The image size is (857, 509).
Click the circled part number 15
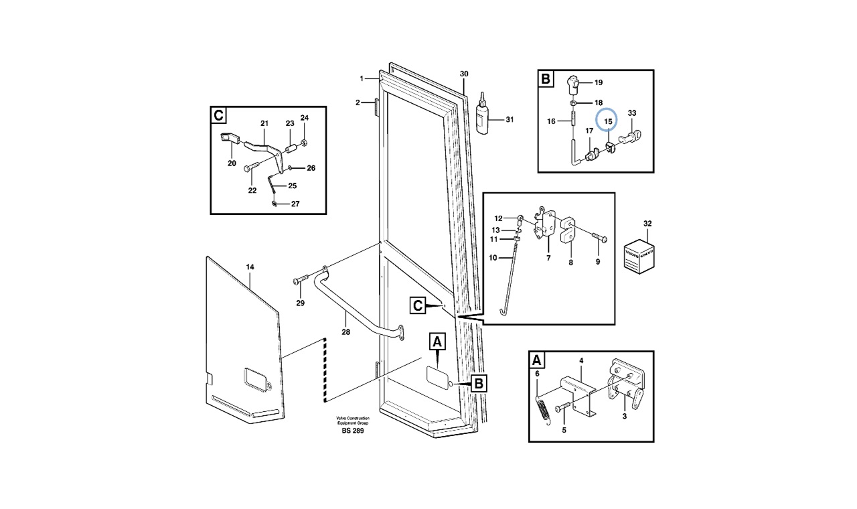coord(609,121)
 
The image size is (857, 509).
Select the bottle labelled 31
coord(479,118)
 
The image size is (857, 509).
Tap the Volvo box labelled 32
coord(638,256)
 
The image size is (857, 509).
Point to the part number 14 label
coord(250,267)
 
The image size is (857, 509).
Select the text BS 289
coord(352,430)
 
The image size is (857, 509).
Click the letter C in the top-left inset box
coord(218,115)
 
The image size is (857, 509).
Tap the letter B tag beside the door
coord(479,384)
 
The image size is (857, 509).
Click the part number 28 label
coord(345,331)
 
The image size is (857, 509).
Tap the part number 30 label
coord(464,74)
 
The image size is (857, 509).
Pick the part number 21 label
coord(264,124)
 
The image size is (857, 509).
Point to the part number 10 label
coord(493,257)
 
